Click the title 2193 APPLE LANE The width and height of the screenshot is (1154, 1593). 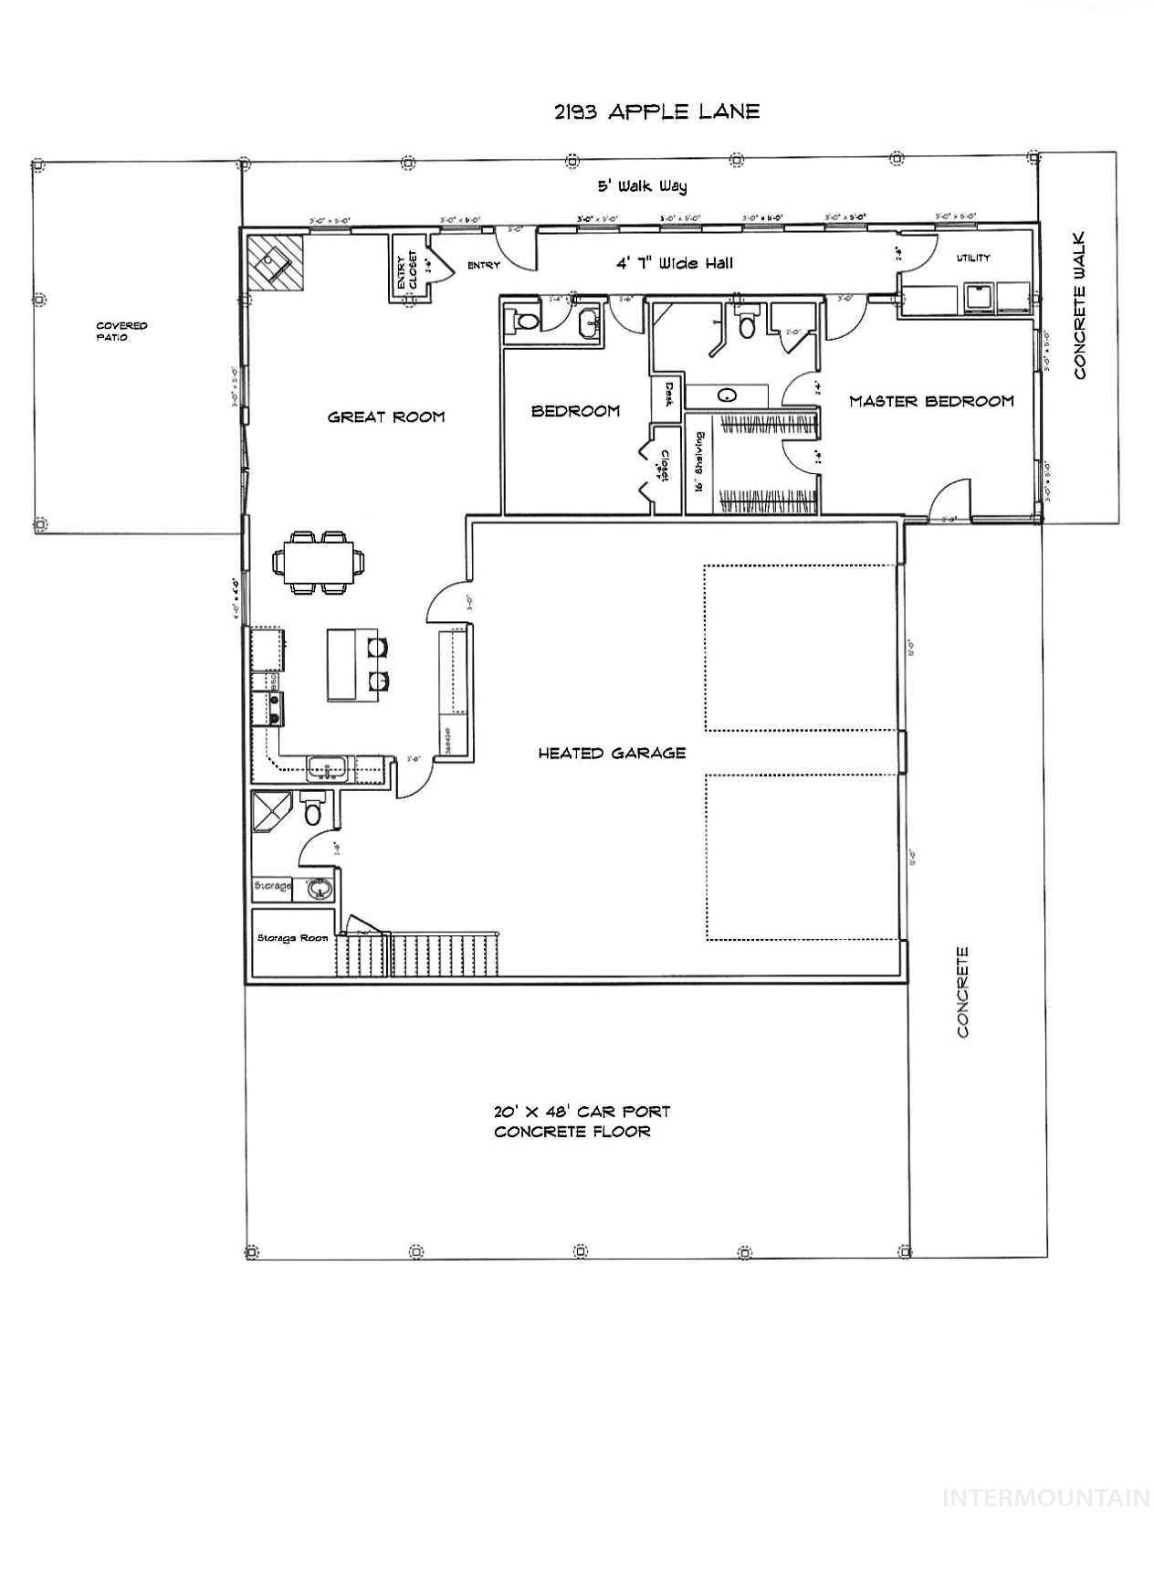(656, 111)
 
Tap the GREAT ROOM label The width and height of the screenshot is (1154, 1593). (386, 417)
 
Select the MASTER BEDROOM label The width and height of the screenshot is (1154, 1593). (931, 401)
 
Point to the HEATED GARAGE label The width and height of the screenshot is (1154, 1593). (612, 754)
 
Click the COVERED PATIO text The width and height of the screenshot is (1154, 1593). (121, 332)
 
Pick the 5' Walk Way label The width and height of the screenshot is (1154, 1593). (642, 186)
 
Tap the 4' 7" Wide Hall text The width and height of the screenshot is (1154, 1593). (675, 264)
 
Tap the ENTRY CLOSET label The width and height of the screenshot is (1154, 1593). (406, 271)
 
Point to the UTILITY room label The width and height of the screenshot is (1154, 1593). (973, 258)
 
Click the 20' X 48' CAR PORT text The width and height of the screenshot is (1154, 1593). (582, 1113)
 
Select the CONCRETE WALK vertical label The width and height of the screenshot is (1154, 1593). (1080, 306)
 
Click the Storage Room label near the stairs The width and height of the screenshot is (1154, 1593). (292, 938)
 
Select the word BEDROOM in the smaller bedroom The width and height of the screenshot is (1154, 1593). (575, 412)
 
